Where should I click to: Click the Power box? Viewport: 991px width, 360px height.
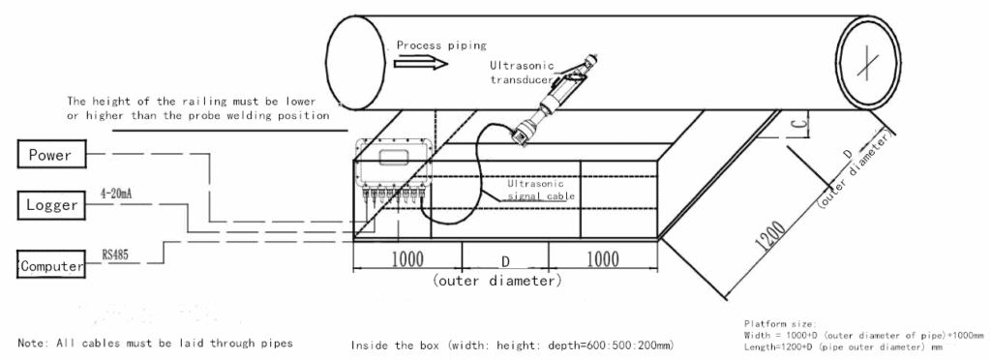coord(51,155)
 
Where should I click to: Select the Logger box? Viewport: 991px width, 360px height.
coord(51,205)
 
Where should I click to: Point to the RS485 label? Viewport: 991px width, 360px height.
coord(116,255)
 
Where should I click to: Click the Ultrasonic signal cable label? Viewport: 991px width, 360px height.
coord(542,190)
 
